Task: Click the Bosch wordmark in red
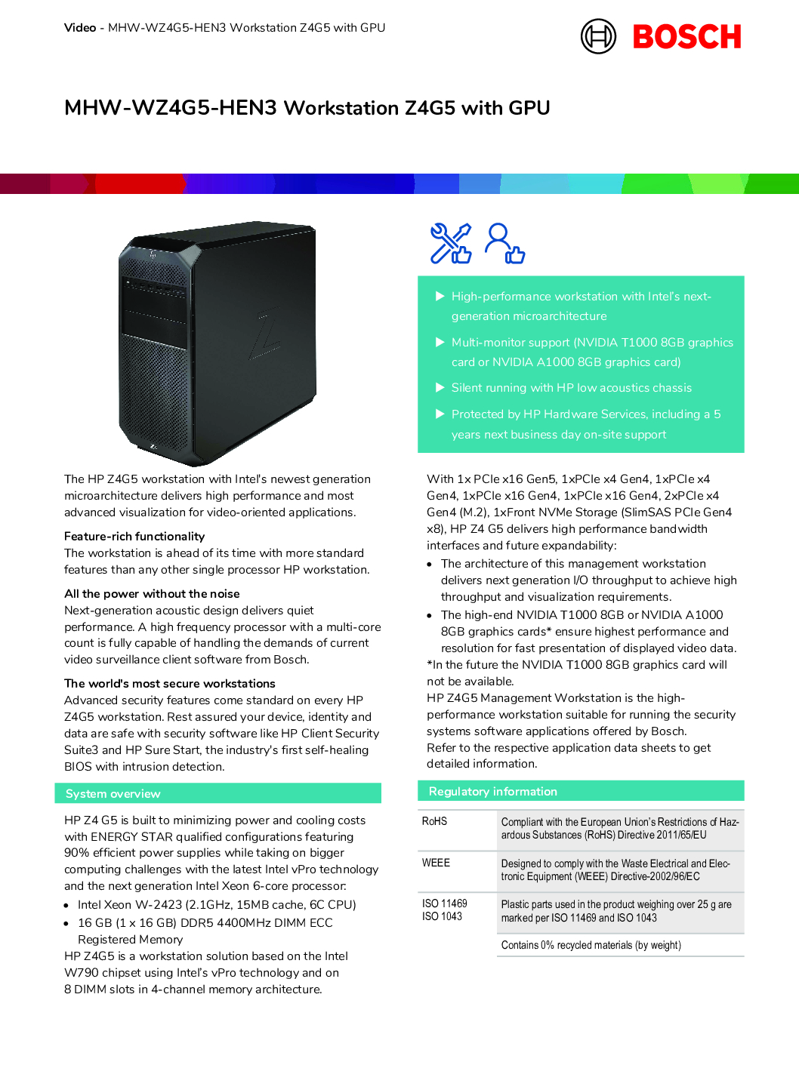[x=686, y=37]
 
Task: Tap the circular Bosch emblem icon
[x=598, y=36]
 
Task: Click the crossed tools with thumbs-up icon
[x=450, y=243]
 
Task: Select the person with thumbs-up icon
[x=504, y=243]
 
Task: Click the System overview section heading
[x=113, y=793]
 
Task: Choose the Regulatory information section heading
[x=492, y=791]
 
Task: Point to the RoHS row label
[x=434, y=821]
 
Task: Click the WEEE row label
[x=436, y=863]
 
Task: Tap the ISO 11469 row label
[x=444, y=903]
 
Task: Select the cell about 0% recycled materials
[x=591, y=945]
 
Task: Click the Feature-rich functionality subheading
[x=134, y=536]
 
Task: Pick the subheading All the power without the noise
[x=152, y=593]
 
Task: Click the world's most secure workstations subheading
[x=170, y=683]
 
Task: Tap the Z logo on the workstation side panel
[x=265, y=333]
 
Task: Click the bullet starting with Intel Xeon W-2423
[x=217, y=904]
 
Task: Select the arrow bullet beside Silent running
[x=440, y=387]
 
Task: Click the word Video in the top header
[x=80, y=28]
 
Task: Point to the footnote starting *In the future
[x=576, y=673]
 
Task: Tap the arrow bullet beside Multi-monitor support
[x=440, y=342]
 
